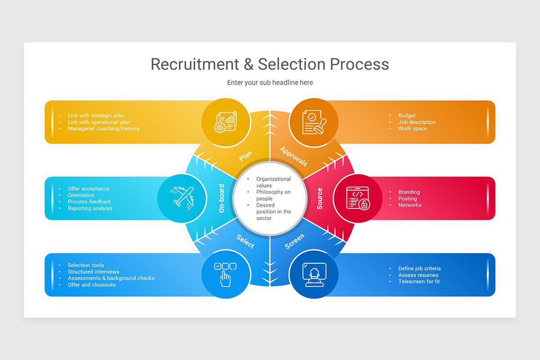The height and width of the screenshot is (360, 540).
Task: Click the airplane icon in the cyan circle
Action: (x=181, y=197)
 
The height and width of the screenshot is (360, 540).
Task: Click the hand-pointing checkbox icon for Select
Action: (x=225, y=273)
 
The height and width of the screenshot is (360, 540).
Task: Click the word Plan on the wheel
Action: (x=246, y=156)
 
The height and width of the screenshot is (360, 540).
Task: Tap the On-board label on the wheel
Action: (x=221, y=198)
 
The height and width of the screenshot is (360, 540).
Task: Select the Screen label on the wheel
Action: (x=295, y=241)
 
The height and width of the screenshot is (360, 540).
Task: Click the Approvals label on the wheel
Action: (x=293, y=156)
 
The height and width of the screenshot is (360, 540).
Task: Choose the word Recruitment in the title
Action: (x=194, y=64)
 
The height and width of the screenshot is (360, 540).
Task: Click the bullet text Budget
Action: (x=407, y=116)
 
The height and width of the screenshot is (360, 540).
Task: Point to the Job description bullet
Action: (x=417, y=122)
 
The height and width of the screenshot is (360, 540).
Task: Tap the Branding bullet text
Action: (x=409, y=192)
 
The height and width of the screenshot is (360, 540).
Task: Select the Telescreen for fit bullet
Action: (x=419, y=282)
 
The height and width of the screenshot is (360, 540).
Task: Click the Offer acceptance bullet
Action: (x=88, y=189)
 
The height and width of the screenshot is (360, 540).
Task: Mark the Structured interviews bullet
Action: (x=94, y=272)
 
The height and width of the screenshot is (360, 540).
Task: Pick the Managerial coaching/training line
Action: (x=103, y=129)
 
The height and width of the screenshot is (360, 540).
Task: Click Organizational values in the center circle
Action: (x=274, y=182)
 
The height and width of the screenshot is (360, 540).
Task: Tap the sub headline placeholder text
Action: (x=270, y=83)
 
